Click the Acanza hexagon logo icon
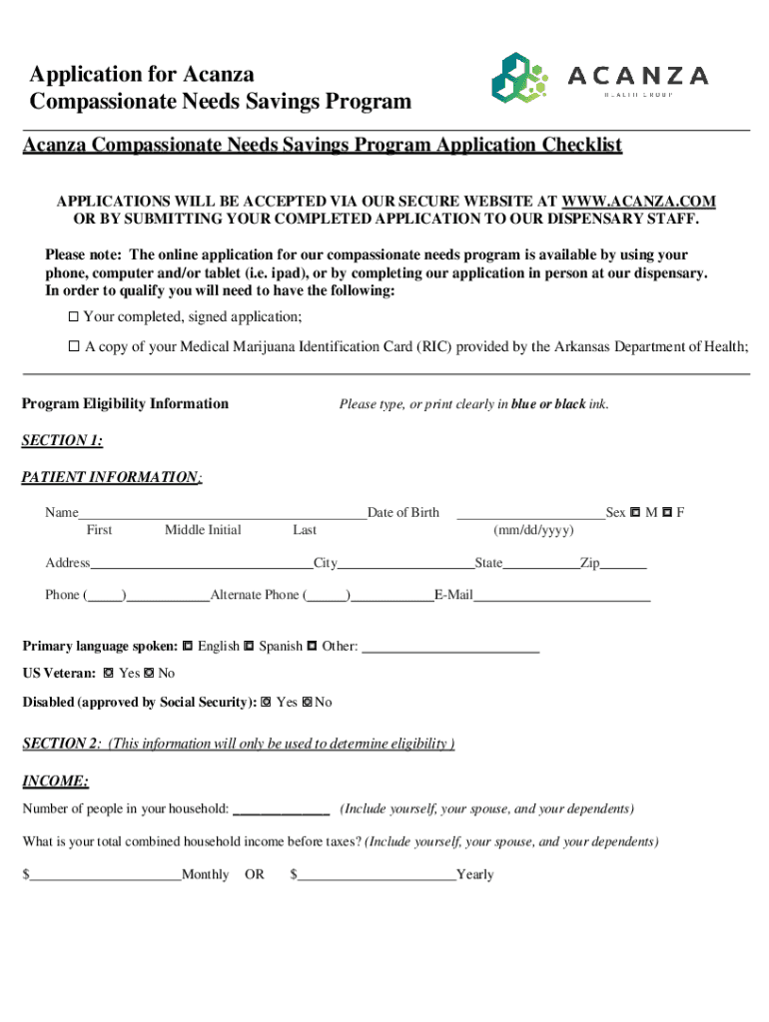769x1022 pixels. [x=519, y=77]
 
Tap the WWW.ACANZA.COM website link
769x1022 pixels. [x=639, y=201]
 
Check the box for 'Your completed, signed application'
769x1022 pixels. [x=73, y=316]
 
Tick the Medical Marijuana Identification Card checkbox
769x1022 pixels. [x=73, y=346]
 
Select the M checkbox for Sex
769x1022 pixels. [x=635, y=513]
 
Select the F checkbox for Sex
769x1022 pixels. [x=666, y=513]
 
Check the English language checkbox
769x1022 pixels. [x=188, y=646]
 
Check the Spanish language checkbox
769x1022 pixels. [x=249, y=646]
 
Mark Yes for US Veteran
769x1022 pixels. [x=108, y=674]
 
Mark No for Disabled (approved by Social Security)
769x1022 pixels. [x=307, y=702]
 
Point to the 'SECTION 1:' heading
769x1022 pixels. [x=62, y=440]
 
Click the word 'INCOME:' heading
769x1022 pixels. [x=55, y=780]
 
